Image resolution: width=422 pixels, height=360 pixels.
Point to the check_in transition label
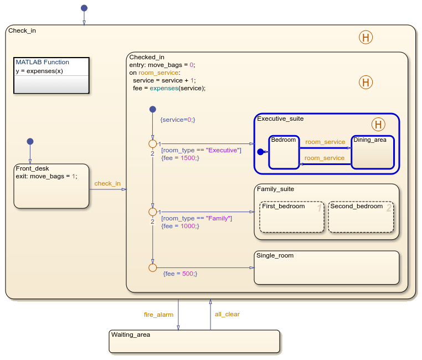[107, 183]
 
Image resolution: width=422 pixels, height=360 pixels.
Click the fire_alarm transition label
[158, 315]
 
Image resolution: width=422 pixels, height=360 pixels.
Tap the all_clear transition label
[227, 314]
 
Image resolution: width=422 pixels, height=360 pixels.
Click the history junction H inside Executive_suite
[378, 124]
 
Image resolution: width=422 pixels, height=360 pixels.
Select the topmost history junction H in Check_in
[366, 38]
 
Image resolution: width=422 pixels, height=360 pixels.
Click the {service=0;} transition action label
[177, 120]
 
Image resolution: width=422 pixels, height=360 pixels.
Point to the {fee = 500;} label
[180, 274]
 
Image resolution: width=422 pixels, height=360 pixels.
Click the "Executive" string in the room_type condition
[224, 150]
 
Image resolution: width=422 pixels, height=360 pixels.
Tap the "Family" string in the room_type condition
[219, 218]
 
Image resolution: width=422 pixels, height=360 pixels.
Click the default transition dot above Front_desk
[30, 141]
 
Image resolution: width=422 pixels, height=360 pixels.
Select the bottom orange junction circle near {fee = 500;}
[153, 268]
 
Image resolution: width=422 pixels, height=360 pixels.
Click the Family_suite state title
[276, 189]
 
